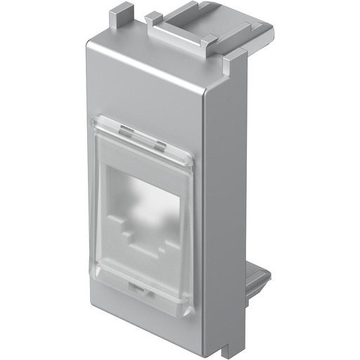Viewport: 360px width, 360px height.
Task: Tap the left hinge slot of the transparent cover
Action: pyautogui.click(x=126, y=131)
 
